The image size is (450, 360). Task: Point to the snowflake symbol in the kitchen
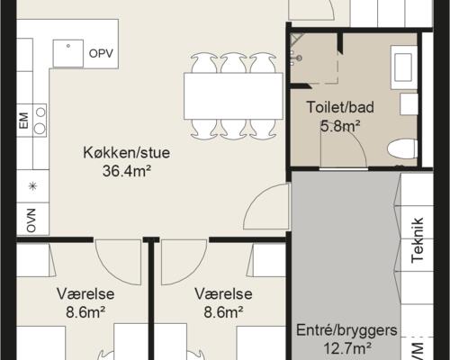33,186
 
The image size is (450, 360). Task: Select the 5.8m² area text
339,125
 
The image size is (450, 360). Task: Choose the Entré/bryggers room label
346,330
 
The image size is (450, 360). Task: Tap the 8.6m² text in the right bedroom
223,312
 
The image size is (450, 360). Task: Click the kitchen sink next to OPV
67,53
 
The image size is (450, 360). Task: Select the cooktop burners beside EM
40,120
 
